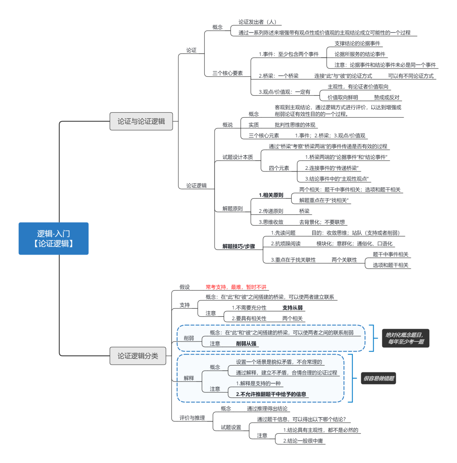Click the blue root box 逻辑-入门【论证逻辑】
[53, 238]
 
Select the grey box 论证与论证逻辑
[141, 121]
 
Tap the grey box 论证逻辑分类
[138, 356]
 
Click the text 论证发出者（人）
[258, 22]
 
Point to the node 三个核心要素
[227, 73]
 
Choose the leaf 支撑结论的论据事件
[357, 43]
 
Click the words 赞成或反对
[386, 97]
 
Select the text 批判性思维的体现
[295, 125]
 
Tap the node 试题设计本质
[237, 157]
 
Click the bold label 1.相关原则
[271, 195]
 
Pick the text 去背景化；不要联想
[322, 222]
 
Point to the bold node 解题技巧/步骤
[239, 246]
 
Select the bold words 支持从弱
[292, 308]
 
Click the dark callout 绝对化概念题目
[405, 338]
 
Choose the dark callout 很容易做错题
[378, 379]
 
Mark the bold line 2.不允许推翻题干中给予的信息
[271, 394]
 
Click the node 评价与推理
[192, 418]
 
